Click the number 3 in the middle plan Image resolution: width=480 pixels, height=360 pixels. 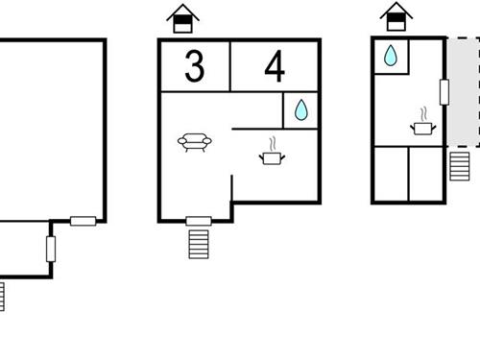point(194,66)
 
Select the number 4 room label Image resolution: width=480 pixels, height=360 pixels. point(275,67)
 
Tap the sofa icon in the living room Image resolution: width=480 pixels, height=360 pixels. point(195,144)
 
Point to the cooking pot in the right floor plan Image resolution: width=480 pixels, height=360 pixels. point(421,125)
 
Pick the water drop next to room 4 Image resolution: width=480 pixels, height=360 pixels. point(300,110)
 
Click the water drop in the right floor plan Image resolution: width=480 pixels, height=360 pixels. point(391,57)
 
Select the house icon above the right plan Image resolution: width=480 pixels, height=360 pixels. point(393,17)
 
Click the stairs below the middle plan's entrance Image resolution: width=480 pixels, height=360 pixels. point(198,244)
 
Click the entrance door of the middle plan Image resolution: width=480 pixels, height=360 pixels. point(198,221)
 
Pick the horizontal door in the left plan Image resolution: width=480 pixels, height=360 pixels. point(83,221)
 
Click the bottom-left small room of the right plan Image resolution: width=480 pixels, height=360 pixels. point(390,173)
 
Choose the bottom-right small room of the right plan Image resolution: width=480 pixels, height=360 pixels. point(426,173)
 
